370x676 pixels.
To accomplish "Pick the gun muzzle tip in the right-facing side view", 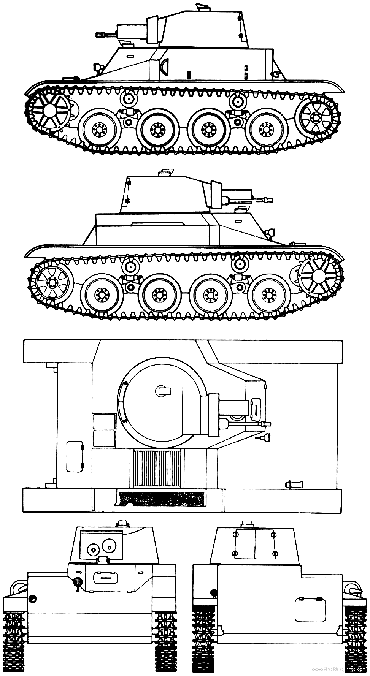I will (x=270, y=199).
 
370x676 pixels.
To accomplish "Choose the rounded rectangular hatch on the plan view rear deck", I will (x=75, y=456).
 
